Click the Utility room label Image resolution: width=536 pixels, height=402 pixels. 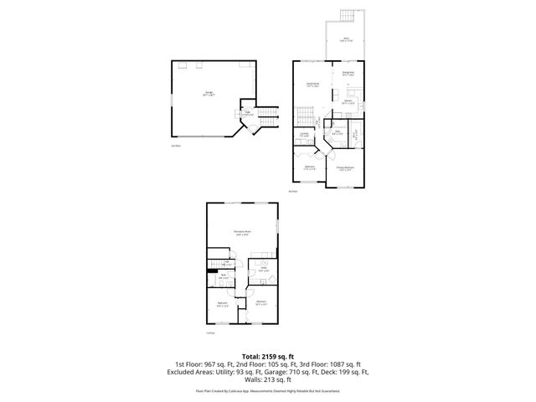point(263,270)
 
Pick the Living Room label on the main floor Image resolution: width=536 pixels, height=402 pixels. point(312,85)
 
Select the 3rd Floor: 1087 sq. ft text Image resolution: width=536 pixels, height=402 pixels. point(320,364)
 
